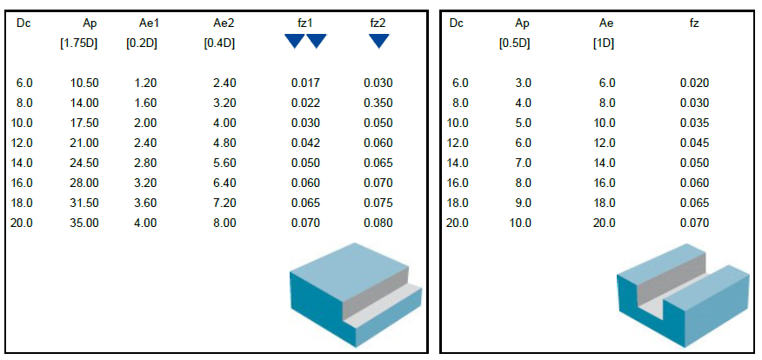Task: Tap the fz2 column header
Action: (x=378, y=23)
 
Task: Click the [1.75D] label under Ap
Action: (x=79, y=43)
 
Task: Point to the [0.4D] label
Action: (x=219, y=43)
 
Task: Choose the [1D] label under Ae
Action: (x=603, y=43)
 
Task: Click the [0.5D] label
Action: (x=515, y=43)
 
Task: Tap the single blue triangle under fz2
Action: (x=378, y=41)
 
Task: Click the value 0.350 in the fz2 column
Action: (x=378, y=103)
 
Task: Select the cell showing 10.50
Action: (x=84, y=83)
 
